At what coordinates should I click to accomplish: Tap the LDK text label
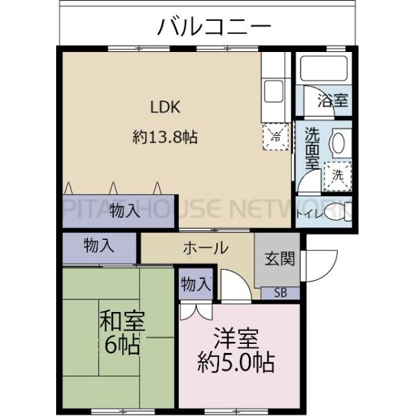pyautogui.click(x=166, y=107)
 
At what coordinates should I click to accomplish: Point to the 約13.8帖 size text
pyautogui.click(x=165, y=137)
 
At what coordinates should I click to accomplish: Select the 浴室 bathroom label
pyautogui.click(x=333, y=101)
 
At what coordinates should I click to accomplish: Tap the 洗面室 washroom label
pyautogui.click(x=312, y=148)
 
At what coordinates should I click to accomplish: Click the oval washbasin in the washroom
pyautogui.click(x=338, y=144)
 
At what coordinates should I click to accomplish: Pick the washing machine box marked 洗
pyautogui.click(x=338, y=175)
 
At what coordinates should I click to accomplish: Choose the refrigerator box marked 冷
pyautogui.click(x=275, y=134)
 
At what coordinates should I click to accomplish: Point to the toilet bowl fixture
pyautogui.click(x=338, y=211)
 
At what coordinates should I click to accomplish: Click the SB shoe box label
pyautogui.click(x=279, y=293)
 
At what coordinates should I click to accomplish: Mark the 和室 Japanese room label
pyautogui.click(x=121, y=322)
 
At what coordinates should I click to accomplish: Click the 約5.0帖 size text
pyautogui.click(x=236, y=361)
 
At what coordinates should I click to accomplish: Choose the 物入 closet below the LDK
pyautogui.click(x=125, y=211)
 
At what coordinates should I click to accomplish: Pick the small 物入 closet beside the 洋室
pyautogui.click(x=195, y=284)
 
